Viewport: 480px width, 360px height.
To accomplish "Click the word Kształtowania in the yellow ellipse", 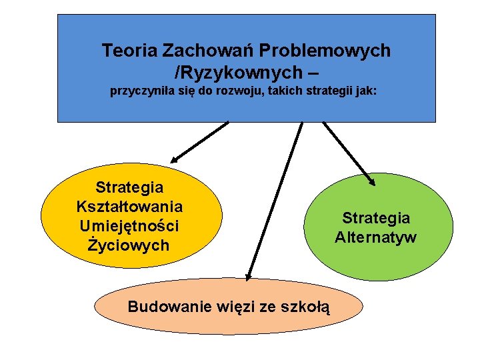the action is click(130, 207).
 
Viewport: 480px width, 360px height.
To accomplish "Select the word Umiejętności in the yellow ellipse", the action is click(130, 226).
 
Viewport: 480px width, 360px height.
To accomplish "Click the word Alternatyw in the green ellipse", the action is click(376, 237).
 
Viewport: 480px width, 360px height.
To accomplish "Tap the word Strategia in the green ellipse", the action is click(376, 218).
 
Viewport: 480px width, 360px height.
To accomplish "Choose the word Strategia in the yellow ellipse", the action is click(130, 187).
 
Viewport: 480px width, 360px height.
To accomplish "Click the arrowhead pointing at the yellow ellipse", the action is click(174, 160).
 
